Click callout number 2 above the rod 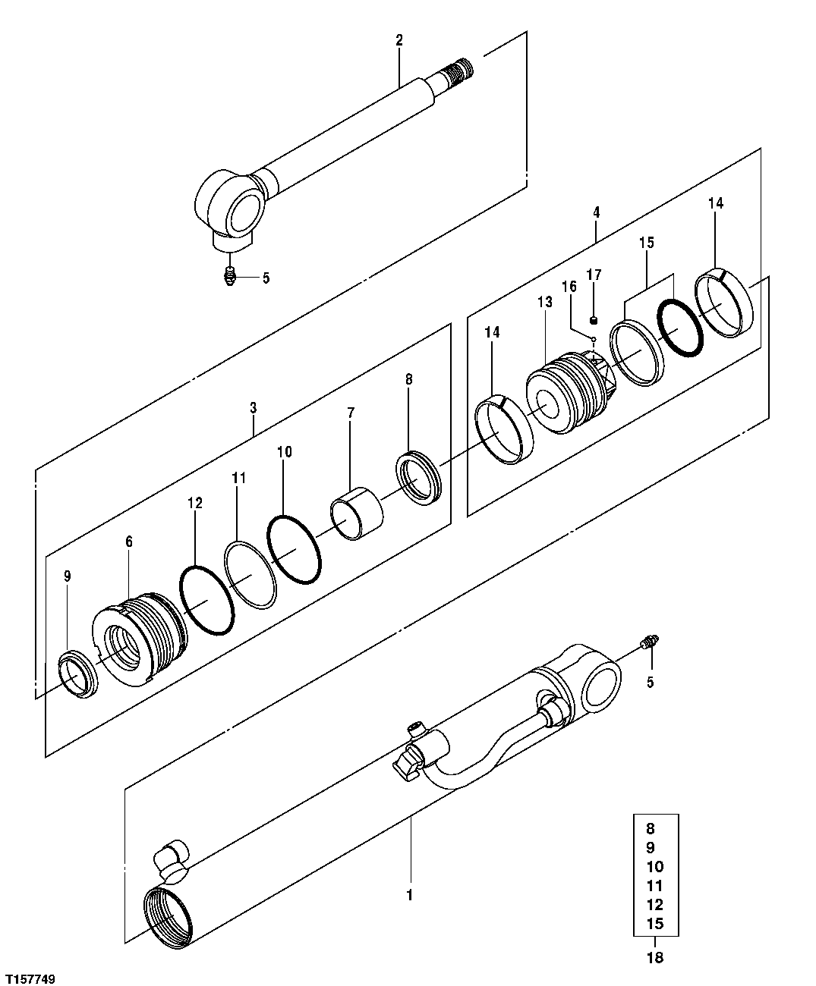(x=399, y=39)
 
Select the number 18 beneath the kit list (x=655, y=957)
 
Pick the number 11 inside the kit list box (x=655, y=885)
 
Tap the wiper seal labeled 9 (x=77, y=674)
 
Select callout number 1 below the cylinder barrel (x=409, y=895)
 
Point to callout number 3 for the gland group (x=253, y=407)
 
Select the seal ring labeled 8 (x=418, y=478)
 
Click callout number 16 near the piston (x=569, y=287)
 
